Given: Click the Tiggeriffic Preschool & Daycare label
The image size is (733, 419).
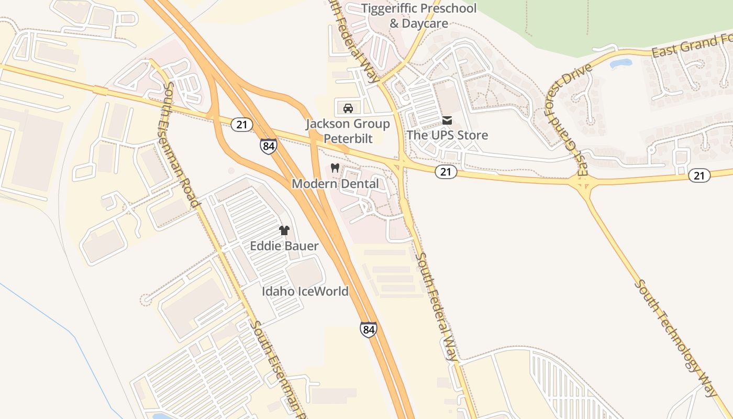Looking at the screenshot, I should (419, 16).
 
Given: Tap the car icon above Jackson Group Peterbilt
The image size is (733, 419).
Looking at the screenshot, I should (348, 108).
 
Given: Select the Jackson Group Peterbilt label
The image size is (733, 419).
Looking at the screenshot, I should (348, 131).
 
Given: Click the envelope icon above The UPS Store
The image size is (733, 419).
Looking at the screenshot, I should (447, 120).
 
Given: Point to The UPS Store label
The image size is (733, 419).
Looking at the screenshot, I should (447, 135).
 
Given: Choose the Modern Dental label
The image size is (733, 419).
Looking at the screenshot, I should (335, 184).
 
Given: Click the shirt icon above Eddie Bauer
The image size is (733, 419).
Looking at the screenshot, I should (284, 230).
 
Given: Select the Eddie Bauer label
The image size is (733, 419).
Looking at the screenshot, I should (284, 246).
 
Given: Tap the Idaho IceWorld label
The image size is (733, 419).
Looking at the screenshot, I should (305, 291).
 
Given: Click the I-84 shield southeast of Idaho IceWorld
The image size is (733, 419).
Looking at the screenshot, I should (368, 329).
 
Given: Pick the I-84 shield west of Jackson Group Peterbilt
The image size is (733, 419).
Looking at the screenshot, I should (268, 146).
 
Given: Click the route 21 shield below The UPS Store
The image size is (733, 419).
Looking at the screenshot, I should (446, 172).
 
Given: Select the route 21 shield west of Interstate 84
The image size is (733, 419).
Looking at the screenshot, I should (242, 124).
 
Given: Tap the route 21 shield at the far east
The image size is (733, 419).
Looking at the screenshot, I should (699, 175).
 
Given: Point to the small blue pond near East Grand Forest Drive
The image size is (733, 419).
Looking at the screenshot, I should (620, 64).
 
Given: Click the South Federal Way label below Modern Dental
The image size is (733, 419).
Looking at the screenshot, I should (436, 306).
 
